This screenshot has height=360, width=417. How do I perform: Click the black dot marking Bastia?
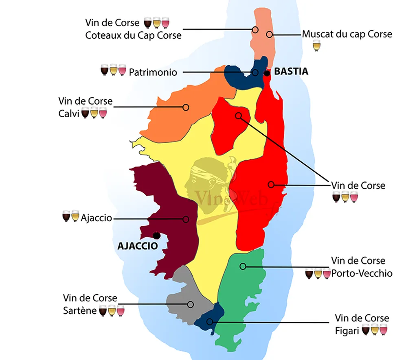point(267,73)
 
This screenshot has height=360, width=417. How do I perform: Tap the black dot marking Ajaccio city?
point(156,235)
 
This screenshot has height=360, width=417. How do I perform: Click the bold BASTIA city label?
point(291,72)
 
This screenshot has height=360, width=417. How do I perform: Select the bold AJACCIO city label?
point(137,246)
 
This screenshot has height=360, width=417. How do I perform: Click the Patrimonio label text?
point(153,73)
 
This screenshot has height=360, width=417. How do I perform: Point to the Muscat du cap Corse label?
point(347,34)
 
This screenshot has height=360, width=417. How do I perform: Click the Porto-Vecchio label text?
point(362,273)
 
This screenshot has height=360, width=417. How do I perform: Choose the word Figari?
point(347,331)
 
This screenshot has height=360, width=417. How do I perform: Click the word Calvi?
point(69,113)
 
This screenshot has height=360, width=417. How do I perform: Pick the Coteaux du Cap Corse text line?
point(133,35)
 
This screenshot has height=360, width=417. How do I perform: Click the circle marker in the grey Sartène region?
point(190,304)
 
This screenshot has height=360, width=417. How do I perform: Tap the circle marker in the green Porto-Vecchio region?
point(243,266)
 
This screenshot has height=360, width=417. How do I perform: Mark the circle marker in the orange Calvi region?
point(186,107)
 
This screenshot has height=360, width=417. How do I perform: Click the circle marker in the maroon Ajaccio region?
point(186,219)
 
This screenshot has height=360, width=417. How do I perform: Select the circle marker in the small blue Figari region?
point(210,322)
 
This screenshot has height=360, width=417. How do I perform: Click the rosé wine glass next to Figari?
point(383,329)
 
